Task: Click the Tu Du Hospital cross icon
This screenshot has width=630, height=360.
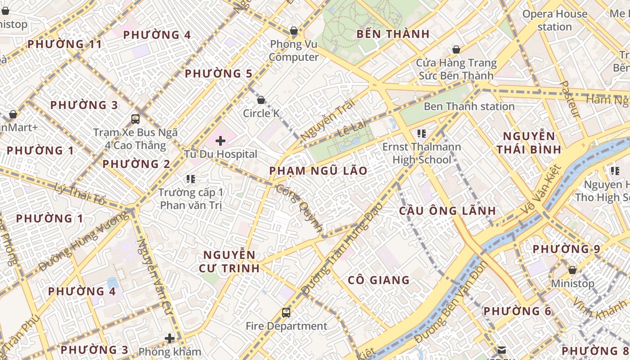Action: pos(220,141)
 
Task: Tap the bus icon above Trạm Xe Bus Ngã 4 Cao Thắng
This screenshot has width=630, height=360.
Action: pos(135,119)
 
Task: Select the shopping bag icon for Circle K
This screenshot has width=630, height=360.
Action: pos(261,100)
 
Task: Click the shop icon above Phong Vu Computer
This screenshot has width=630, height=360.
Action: pos(294,31)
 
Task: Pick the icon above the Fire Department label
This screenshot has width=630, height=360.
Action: pos(286,312)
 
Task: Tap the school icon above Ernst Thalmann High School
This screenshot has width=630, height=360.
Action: pos(422,133)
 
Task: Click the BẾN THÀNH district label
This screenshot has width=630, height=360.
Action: pos(393,34)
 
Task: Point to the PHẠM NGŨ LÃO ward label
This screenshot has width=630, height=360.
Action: pos(318,171)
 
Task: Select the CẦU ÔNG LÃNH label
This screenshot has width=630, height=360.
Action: pos(447,211)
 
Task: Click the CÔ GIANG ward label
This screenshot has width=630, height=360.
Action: pos(378,280)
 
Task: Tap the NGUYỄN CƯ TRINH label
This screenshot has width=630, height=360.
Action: pos(229,261)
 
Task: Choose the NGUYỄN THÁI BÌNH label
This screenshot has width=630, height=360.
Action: pos(529,143)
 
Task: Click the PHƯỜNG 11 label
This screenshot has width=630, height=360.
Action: pos(65,44)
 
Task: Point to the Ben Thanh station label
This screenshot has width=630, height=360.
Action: pos(469,107)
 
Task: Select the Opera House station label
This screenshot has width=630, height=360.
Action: pos(554,20)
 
